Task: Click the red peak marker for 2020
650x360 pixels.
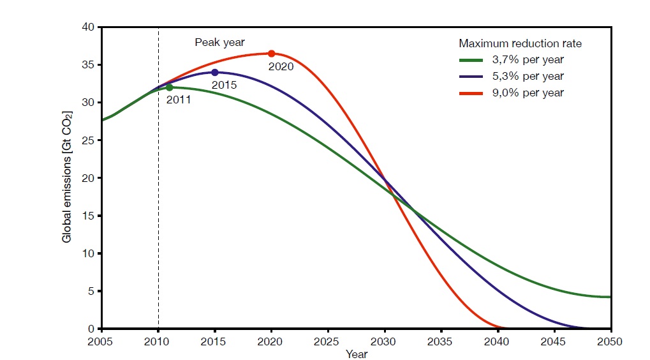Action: pyautogui.click(x=271, y=54)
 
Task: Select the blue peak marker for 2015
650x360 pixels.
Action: pyautogui.click(x=215, y=73)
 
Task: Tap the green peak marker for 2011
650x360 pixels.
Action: pyautogui.click(x=169, y=87)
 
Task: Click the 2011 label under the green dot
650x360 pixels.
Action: pyautogui.click(x=178, y=100)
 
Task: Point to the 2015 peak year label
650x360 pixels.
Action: pyautogui.click(x=224, y=85)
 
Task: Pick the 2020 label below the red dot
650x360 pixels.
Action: pyautogui.click(x=281, y=66)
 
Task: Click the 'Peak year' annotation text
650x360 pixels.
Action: pyautogui.click(x=219, y=43)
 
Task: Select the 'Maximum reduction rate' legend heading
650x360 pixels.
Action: pyautogui.click(x=520, y=44)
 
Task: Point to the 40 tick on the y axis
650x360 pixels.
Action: pyautogui.click(x=88, y=27)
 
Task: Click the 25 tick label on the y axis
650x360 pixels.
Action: pyautogui.click(x=88, y=140)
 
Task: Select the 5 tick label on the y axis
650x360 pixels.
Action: pyautogui.click(x=91, y=291)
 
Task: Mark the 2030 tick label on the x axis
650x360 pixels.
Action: pyautogui.click(x=384, y=340)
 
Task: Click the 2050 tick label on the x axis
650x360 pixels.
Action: pyautogui.click(x=609, y=340)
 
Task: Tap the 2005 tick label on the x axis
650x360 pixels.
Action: pyautogui.click(x=102, y=340)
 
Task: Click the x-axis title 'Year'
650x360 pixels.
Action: pyautogui.click(x=356, y=353)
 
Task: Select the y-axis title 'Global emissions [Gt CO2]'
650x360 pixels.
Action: pyautogui.click(x=67, y=177)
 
